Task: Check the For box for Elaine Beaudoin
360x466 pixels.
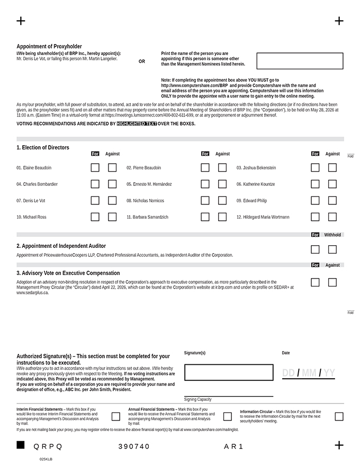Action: (95, 168)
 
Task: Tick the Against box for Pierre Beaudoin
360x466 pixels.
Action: (222, 168)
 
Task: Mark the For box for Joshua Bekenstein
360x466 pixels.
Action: (315, 168)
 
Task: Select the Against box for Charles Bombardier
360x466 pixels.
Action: (112, 184)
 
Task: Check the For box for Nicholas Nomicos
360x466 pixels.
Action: (205, 201)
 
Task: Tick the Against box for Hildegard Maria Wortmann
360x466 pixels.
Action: (332, 217)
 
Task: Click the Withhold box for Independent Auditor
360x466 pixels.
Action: (332, 249)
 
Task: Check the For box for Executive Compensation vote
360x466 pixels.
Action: (315, 282)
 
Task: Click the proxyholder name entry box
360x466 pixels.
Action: (300, 61)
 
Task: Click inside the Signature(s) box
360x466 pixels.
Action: (229, 372)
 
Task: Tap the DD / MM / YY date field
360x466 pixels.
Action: (308, 373)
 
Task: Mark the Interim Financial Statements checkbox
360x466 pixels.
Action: (115, 417)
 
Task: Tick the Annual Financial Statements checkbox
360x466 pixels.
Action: (228, 417)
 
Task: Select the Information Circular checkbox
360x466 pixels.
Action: (339, 417)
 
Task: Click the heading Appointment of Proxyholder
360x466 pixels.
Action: (49, 47)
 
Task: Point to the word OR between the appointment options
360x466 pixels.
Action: (142, 61)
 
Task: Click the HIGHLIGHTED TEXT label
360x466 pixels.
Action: (137, 124)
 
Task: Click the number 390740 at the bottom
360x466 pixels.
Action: (134, 447)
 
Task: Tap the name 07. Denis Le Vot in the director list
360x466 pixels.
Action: (31, 201)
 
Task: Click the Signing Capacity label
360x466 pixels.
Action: (197, 399)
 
